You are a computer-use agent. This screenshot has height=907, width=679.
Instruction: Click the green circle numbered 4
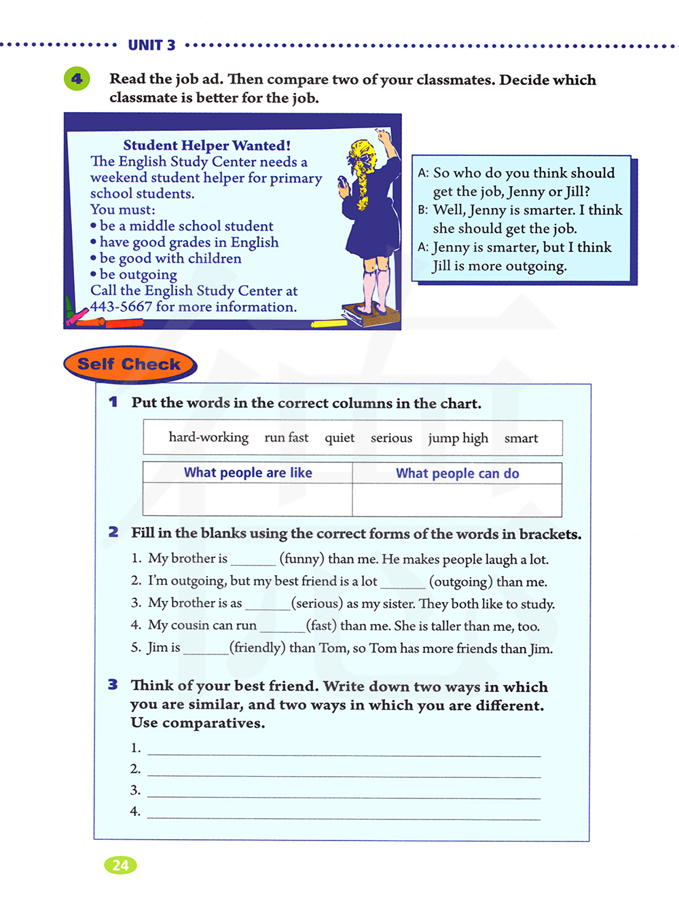(77, 79)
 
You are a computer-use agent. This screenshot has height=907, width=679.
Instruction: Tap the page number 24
(120, 865)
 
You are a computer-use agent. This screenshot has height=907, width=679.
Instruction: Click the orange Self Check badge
(130, 365)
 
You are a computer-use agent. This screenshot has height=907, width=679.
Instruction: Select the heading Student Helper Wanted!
(207, 145)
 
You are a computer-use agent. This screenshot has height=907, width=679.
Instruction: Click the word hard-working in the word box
(208, 437)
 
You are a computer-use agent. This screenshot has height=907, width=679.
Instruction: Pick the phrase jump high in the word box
(458, 438)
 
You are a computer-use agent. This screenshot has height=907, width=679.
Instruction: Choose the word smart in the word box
(521, 438)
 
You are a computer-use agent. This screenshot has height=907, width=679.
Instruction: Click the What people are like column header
(248, 473)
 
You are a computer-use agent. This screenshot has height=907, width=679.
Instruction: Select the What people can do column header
(457, 473)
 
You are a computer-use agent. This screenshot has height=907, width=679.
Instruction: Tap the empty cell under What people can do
(457, 500)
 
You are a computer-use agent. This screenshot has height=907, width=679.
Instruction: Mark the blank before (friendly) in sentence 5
(206, 649)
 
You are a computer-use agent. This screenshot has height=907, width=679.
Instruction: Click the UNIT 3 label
(151, 45)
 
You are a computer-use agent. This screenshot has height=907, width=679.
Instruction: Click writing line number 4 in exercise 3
(344, 813)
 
